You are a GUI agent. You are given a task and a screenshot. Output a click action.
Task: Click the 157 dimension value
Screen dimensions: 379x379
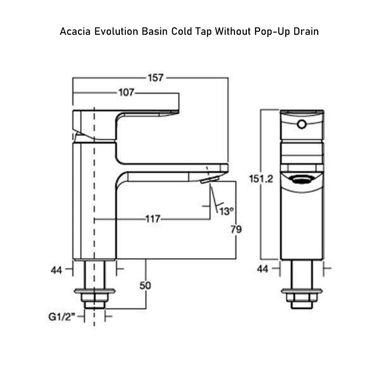pos(156,78)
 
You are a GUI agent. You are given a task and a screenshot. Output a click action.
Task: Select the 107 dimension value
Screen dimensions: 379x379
pos(126,93)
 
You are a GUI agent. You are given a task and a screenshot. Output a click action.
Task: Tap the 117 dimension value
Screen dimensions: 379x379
pos(152,219)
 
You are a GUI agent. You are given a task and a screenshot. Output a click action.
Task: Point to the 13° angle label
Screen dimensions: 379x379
pos(227,211)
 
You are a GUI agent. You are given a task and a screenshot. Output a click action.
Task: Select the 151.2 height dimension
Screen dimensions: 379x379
pos(261,179)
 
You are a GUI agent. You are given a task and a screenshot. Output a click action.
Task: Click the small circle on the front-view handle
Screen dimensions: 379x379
pos(302,124)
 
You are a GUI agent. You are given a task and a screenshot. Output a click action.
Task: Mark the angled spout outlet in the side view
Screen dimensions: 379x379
pos(209,180)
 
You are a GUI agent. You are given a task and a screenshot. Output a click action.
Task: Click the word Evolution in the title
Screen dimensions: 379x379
pos(117,31)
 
